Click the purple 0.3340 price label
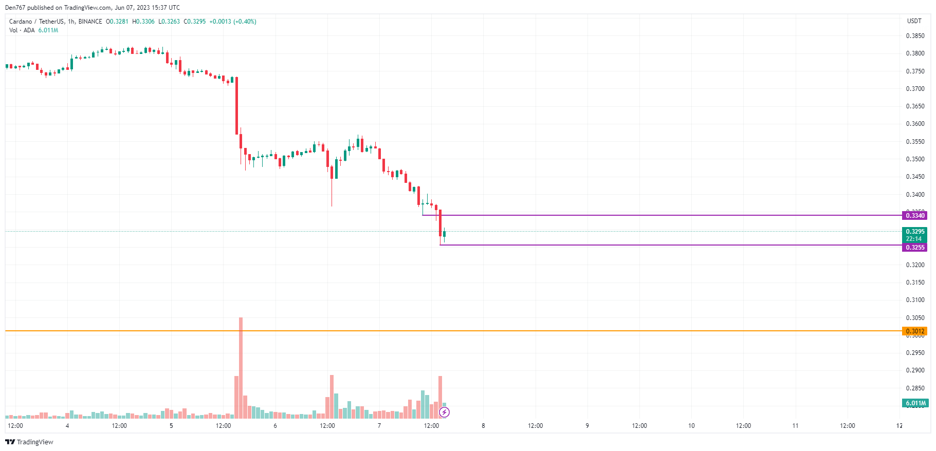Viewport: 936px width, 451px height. pyautogui.click(x=914, y=216)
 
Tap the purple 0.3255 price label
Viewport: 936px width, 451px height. pyautogui.click(x=914, y=248)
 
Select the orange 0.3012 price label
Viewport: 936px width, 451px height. pyautogui.click(x=914, y=331)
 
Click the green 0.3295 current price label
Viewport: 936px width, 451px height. pyautogui.click(x=914, y=232)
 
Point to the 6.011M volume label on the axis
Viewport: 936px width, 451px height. pyautogui.click(x=915, y=403)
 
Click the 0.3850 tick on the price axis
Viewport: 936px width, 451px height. pyautogui.click(x=915, y=36)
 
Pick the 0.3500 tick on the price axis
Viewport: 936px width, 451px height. pyautogui.click(x=915, y=159)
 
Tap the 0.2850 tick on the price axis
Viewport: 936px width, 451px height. pyautogui.click(x=915, y=388)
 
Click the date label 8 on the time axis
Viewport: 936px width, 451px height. pyautogui.click(x=483, y=426)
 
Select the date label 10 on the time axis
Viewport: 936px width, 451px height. pyautogui.click(x=691, y=426)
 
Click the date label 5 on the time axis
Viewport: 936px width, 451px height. pyautogui.click(x=171, y=426)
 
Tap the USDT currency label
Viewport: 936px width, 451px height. pyautogui.click(x=914, y=21)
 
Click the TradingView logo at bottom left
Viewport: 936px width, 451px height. pyautogui.click(x=29, y=442)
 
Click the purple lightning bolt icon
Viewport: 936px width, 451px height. pyautogui.click(x=445, y=412)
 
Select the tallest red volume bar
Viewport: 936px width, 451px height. pyautogui.click(x=241, y=367)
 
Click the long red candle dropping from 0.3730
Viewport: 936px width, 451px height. pyautogui.click(x=236, y=105)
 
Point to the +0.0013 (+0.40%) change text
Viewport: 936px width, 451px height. pyautogui.click(x=232, y=22)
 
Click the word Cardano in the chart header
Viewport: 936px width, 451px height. pyautogui.click(x=21, y=22)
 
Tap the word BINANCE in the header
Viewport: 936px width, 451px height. pyautogui.click(x=90, y=22)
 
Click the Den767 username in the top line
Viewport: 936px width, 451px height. pyautogui.click(x=15, y=8)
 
